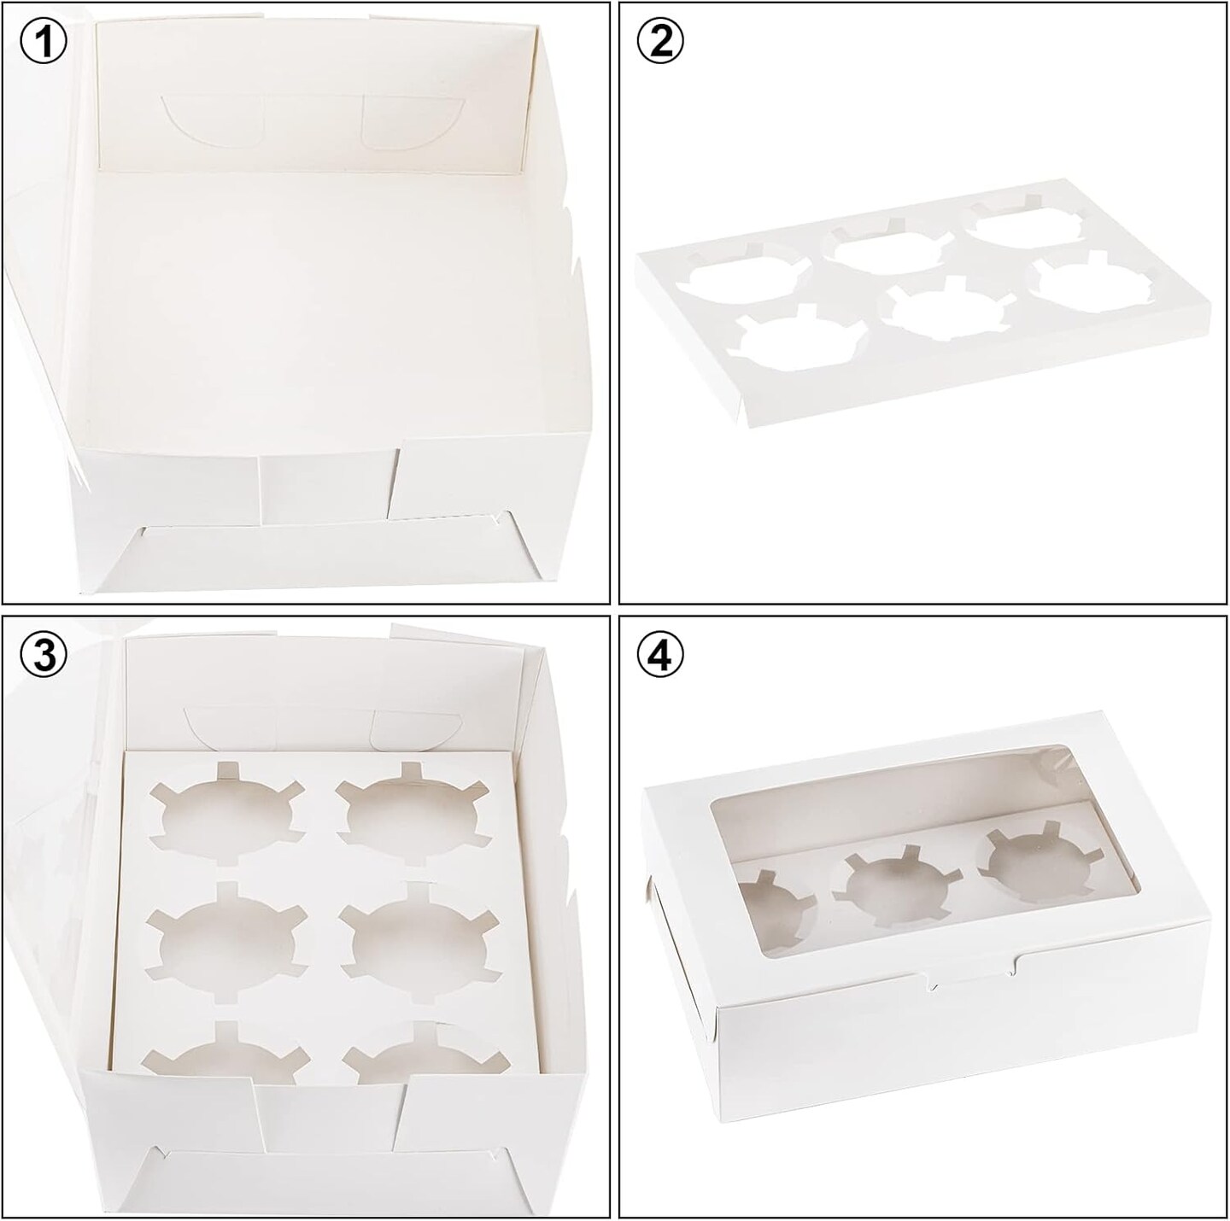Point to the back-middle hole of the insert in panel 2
(884, 248)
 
